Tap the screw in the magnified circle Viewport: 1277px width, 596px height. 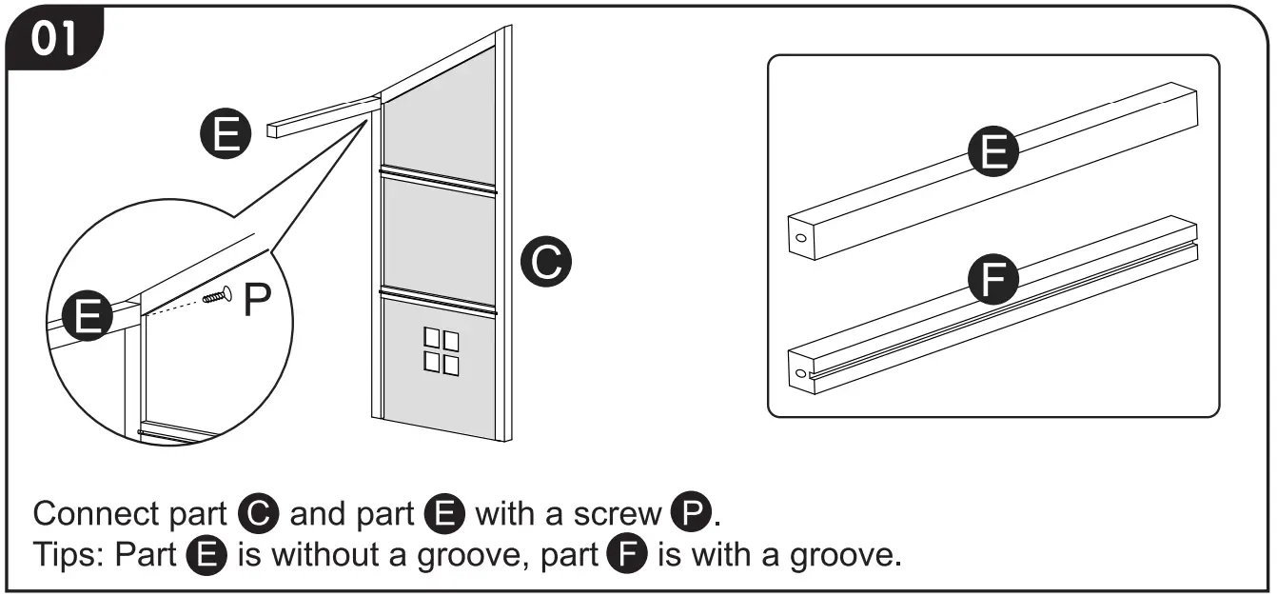click(x=218, y=296)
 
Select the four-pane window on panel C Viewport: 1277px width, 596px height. click(x=441, y=351)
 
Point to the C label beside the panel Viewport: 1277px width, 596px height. click(x=546, y=262)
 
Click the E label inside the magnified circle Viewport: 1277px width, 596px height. click(x=88, y=316)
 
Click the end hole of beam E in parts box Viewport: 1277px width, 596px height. click(x=799, y=239)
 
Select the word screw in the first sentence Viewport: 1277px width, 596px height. click(x=617, y=514)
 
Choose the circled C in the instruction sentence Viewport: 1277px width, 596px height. click(x=258, y=514)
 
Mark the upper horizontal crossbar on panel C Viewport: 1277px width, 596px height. click(x=439, y=180)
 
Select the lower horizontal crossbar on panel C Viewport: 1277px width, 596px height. click(x=439, y=299)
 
